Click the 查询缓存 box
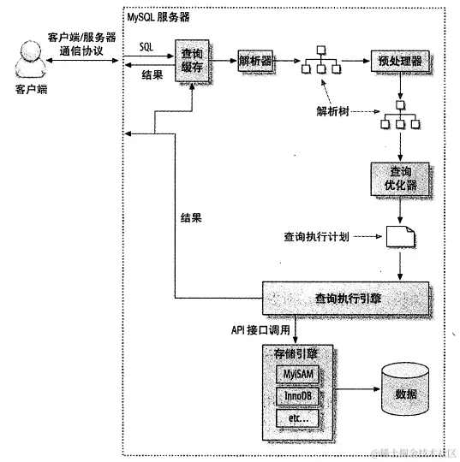click(x=192, y=61)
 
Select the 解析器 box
click(x=255, y=61)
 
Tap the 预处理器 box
click(x=400, y=61)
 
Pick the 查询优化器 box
click(x=400, y=179)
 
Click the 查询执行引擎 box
click(x=345, y=299)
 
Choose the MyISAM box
click(x=297, y=374)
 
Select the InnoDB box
click(x=297, y=396)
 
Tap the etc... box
click(x=297, y=418)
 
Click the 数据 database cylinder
click(x=405, y=389)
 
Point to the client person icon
click(x=30, y=59)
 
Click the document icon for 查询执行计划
click(x=400, y=236)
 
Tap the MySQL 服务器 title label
click(x=158, y=17)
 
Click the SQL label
click(x=146, y=46)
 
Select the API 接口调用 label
click(x=260, y=330)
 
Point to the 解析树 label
click(x=332, y=111)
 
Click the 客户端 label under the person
click(x=32, y=89)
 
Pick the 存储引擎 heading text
click(x=296, y=353)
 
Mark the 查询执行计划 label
click(x=317, y=237)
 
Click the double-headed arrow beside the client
click(x=82, y=61)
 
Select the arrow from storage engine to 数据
click(x=356, y=389)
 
